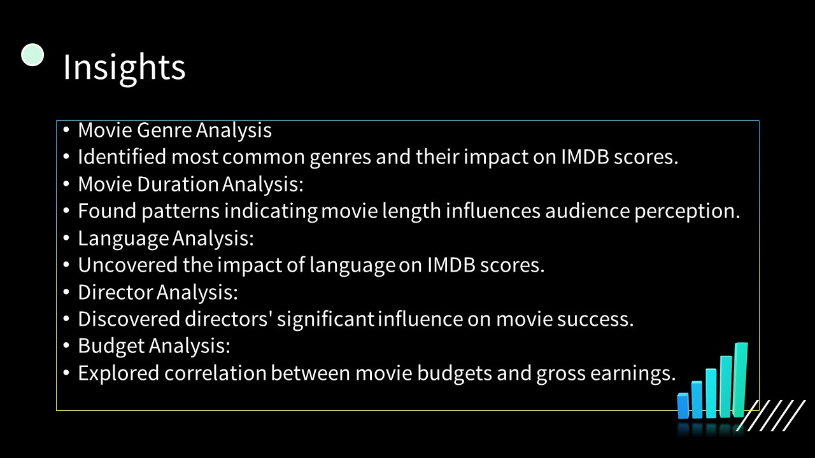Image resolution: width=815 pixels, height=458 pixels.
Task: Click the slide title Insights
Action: tap(124, 67)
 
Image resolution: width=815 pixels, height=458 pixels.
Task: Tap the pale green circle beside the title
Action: tap(32, 55)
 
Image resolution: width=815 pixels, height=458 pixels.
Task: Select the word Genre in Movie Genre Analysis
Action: tap(164, 130)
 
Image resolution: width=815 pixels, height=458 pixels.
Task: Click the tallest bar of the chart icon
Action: tap(741, 379)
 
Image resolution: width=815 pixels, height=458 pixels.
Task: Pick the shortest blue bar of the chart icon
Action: tap(683, 406)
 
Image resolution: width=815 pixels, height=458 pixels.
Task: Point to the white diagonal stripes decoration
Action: tap(771, 415)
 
